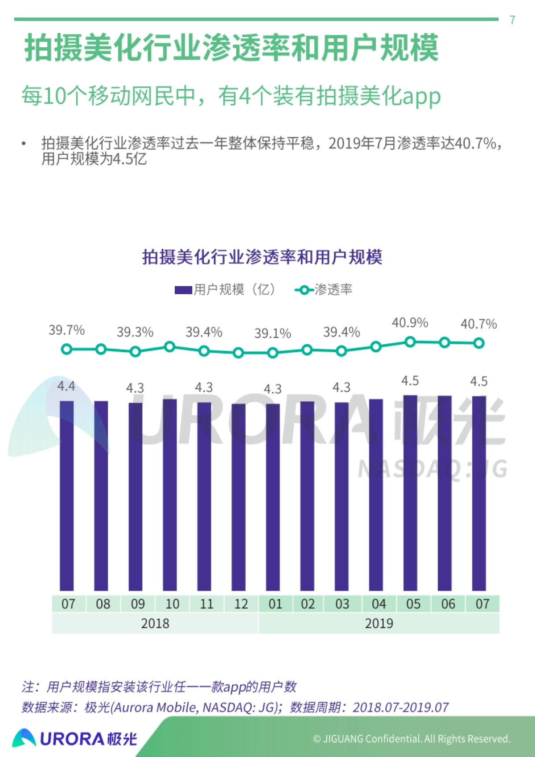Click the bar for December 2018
(x=239, y=497)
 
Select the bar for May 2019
(x=410, y=493)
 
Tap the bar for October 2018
(x=170, y=495)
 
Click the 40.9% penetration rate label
(x=410, y=322)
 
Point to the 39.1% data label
(x=272, y=333)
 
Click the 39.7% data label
(x=66, y=330)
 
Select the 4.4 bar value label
(x=66, y=386)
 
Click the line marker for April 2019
(x=376, y=346)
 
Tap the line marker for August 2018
(x=101, y=349)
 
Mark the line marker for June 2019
(x=444, y=342)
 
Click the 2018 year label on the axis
(x=155, y=623)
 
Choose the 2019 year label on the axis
(x=379, y=623)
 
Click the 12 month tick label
(x=241, y=604)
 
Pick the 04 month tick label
(x=379, y=604)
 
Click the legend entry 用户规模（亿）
(x=225, y=290)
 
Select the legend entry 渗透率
(x=324, y=290)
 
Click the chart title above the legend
(x=262, y=257)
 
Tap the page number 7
(x=512, y=20)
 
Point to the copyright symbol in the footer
(x=317, y=739)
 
